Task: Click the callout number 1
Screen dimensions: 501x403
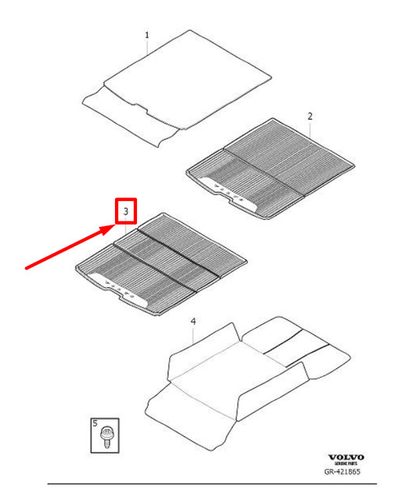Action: (146, 35)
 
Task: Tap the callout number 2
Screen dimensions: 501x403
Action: (310, 116)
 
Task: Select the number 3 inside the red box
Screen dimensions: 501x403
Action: (124, 211)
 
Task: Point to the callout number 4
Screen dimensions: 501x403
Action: (193, 322)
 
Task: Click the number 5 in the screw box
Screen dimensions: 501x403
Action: (96, 424)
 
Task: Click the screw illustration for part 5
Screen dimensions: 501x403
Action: (105, 434)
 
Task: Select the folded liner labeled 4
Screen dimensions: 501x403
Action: (250, 368)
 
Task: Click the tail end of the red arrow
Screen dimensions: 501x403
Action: (27, 268)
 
